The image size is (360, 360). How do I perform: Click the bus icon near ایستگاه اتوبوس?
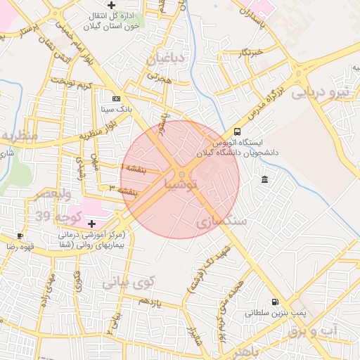tap(237, 131)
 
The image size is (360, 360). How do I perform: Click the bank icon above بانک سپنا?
tap(116, 98)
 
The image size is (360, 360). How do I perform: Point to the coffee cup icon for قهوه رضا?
tap(20, 236)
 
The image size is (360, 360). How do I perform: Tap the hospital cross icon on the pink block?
tap(92, 223)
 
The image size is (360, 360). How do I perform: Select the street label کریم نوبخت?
tap(75, 85)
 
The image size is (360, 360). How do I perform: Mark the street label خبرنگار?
tap(250, 52)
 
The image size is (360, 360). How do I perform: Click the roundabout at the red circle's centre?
tap(181, 174)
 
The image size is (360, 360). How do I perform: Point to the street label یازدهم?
tap(150, 301)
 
